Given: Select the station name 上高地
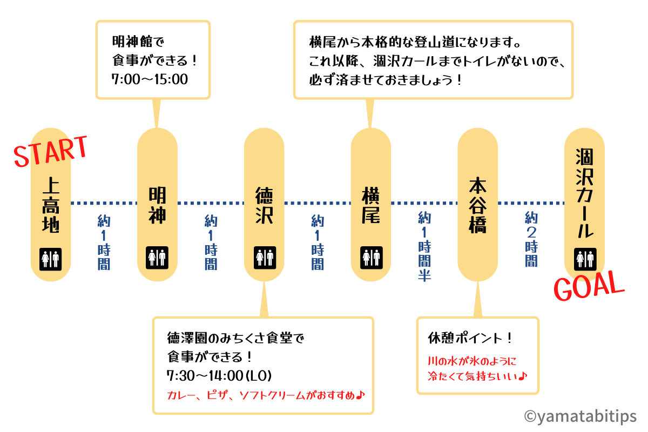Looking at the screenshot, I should (x=51, y=205).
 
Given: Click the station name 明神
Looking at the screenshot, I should (x=157, y=205).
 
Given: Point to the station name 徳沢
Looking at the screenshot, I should (x=264, y=205).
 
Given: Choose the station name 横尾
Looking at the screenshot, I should (x=371, y=205).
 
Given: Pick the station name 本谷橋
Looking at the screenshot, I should (x=477, y=205).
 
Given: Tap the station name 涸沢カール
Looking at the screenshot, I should (x=585, y=193).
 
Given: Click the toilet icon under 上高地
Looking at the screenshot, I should (x=51, y=258).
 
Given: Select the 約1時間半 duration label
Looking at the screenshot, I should (x=424, y=246).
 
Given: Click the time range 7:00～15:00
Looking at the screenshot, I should (x=150, y=79).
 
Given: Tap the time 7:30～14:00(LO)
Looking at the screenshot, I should (x=219, y=375).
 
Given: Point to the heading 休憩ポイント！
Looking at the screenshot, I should (x=470, y=339).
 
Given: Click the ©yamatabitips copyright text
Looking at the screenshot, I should (x=580, y=415).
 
